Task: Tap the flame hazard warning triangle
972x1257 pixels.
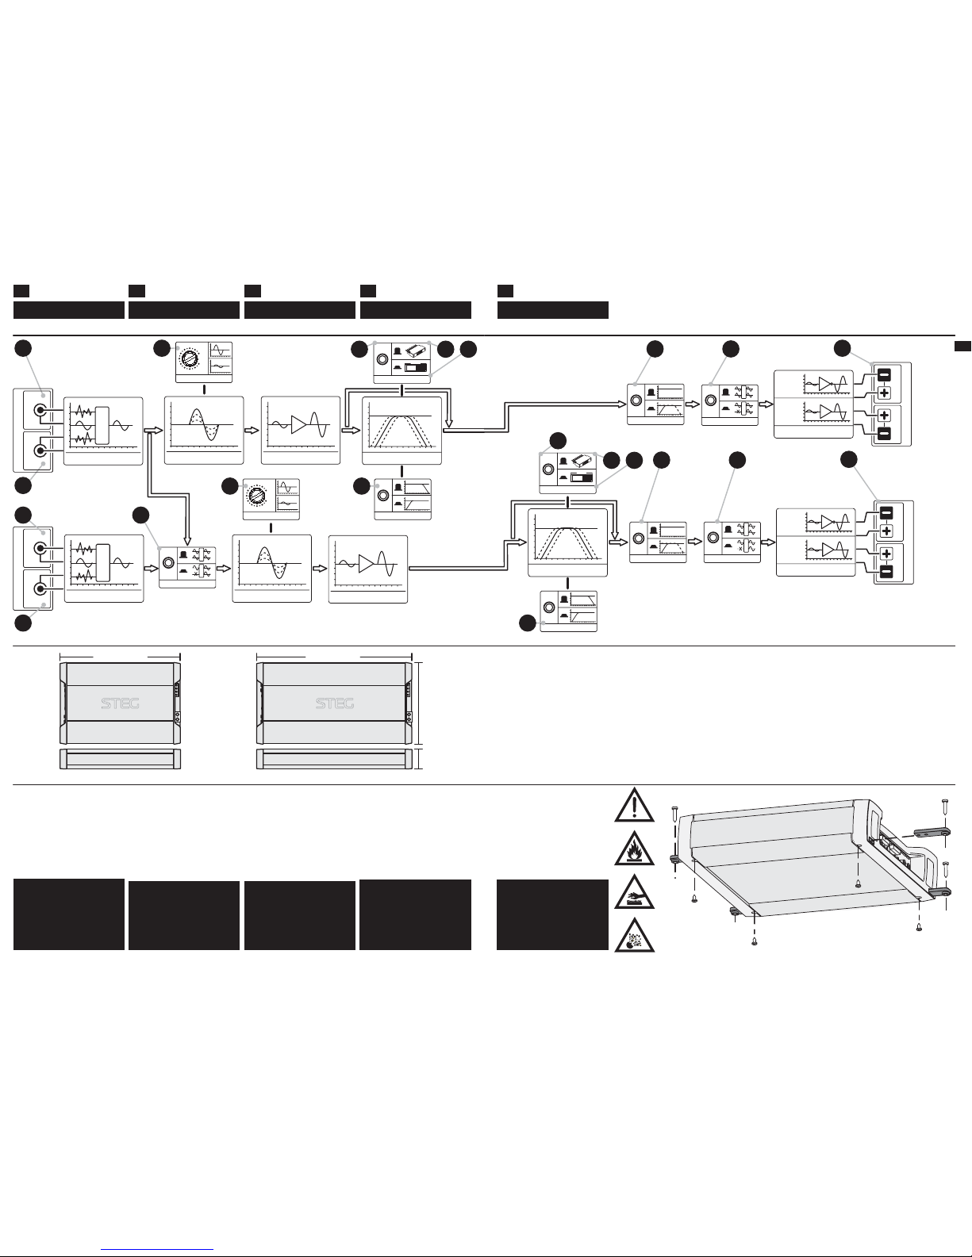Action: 635,850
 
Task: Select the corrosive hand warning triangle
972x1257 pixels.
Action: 635,894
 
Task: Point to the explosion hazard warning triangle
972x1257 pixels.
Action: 635,936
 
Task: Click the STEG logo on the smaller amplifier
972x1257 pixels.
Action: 121,703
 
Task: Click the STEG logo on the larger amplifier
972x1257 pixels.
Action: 335,703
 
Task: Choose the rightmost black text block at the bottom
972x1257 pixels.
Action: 552,914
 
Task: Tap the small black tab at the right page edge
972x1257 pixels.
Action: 962,345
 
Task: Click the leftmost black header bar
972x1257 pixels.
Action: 69,309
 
